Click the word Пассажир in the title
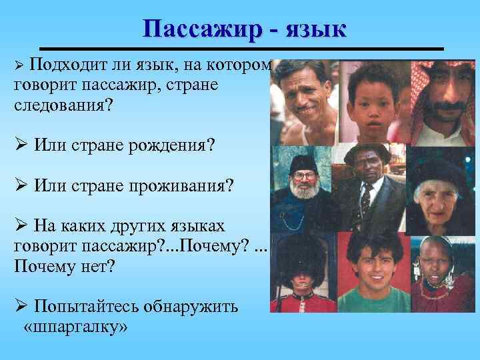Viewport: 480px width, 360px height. point(199,29)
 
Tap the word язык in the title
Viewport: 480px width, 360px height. point(315,29)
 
